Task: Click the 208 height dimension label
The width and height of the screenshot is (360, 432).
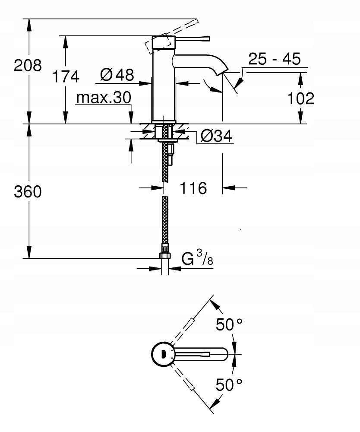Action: pyautogui.click(x=28, y=66)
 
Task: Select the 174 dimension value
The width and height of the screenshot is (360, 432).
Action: pyautogui.click(x=66, y=76)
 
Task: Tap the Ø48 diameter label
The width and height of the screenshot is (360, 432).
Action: pyautogui.click(x=117, y=75)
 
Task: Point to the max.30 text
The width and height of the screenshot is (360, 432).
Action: pyautogui.click(x=103, y=98)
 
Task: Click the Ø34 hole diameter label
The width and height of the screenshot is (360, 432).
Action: pyautogui.click(x=217, y=137)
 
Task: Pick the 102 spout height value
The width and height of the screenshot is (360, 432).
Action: pyautogui.click(x=301, y=98)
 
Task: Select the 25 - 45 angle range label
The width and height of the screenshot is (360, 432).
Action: pyautogui.click(x=274, y=59)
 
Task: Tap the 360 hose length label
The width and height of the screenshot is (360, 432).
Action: pyautogui.click(x=28, y=191)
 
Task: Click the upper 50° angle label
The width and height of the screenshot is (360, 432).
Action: pyautogui.click(x=229, y=324)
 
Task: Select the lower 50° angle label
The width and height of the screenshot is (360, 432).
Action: pyautogui.click(x=229, y=384)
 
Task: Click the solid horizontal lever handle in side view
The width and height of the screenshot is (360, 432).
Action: pyautogui.click(x=190, y=40)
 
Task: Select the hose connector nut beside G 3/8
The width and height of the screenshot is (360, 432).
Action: pyautogui.click(x=165, y=255)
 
